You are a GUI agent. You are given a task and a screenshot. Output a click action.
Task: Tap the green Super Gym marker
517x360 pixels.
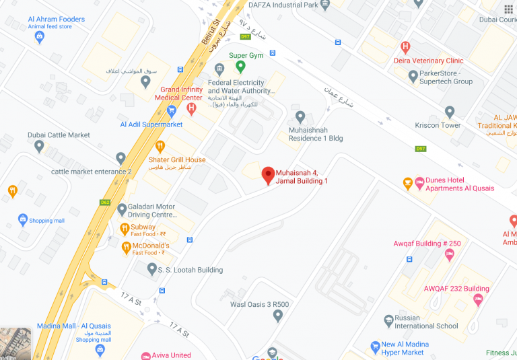[240, 66]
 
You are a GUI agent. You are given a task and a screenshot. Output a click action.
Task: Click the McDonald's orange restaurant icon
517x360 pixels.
[125, 248]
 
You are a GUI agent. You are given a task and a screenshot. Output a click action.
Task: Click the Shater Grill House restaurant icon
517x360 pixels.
[160, 145]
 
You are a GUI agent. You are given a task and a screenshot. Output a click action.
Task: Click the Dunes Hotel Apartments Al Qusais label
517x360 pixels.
[459, 184]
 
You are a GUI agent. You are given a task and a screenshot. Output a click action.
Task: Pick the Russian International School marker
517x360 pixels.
[388, 319]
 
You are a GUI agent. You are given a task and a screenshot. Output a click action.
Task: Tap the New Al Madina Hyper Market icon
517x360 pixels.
[376, 347]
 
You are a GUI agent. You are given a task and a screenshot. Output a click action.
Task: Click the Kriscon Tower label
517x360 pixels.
[442, 126]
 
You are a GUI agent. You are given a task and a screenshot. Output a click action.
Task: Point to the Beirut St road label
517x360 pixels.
[211, 32]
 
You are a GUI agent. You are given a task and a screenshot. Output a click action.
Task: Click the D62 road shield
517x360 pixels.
[104, 202]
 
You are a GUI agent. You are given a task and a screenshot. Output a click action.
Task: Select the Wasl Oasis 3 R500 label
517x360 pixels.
[259, 305]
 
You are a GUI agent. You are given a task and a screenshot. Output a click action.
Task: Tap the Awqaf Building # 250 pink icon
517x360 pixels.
[450, 254]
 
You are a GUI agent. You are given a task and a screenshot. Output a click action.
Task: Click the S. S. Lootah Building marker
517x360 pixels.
[153, 268]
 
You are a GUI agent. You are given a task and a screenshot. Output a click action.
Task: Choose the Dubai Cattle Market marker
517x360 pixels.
[40, 145]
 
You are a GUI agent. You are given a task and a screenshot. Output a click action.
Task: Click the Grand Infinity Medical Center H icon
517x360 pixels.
[191, 107]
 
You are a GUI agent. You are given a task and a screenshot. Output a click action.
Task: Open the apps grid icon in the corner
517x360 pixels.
[508, 9]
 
